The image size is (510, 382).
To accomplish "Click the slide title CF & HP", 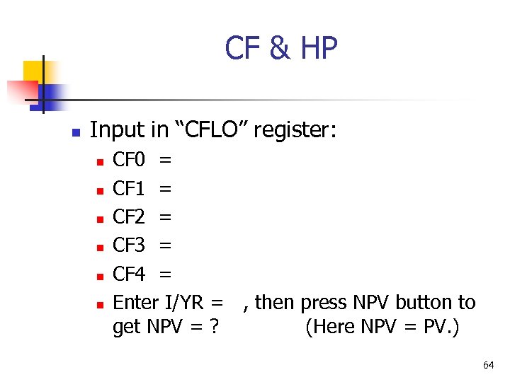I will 281,49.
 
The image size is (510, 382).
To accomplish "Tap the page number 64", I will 488,365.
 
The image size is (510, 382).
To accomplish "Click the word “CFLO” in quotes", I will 215,131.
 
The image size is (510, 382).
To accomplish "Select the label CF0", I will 129,161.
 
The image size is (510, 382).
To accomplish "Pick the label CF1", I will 129,189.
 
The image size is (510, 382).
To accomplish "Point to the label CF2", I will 129,217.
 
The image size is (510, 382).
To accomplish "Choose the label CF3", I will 129,245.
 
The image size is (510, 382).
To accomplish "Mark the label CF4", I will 129,274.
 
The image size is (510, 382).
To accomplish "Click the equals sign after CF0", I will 165,161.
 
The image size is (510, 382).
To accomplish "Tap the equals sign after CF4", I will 165,274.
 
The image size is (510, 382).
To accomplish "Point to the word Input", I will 118,131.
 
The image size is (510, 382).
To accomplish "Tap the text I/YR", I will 186,303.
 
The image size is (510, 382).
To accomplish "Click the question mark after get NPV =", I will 213,328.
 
